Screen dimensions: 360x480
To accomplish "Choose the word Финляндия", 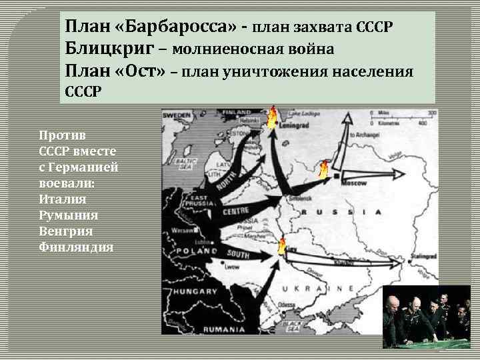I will click(x=76, y=247).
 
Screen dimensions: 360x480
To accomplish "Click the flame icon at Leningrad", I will click(x=271, y=118).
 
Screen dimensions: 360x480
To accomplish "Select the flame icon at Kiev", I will click(x=281, y=245).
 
